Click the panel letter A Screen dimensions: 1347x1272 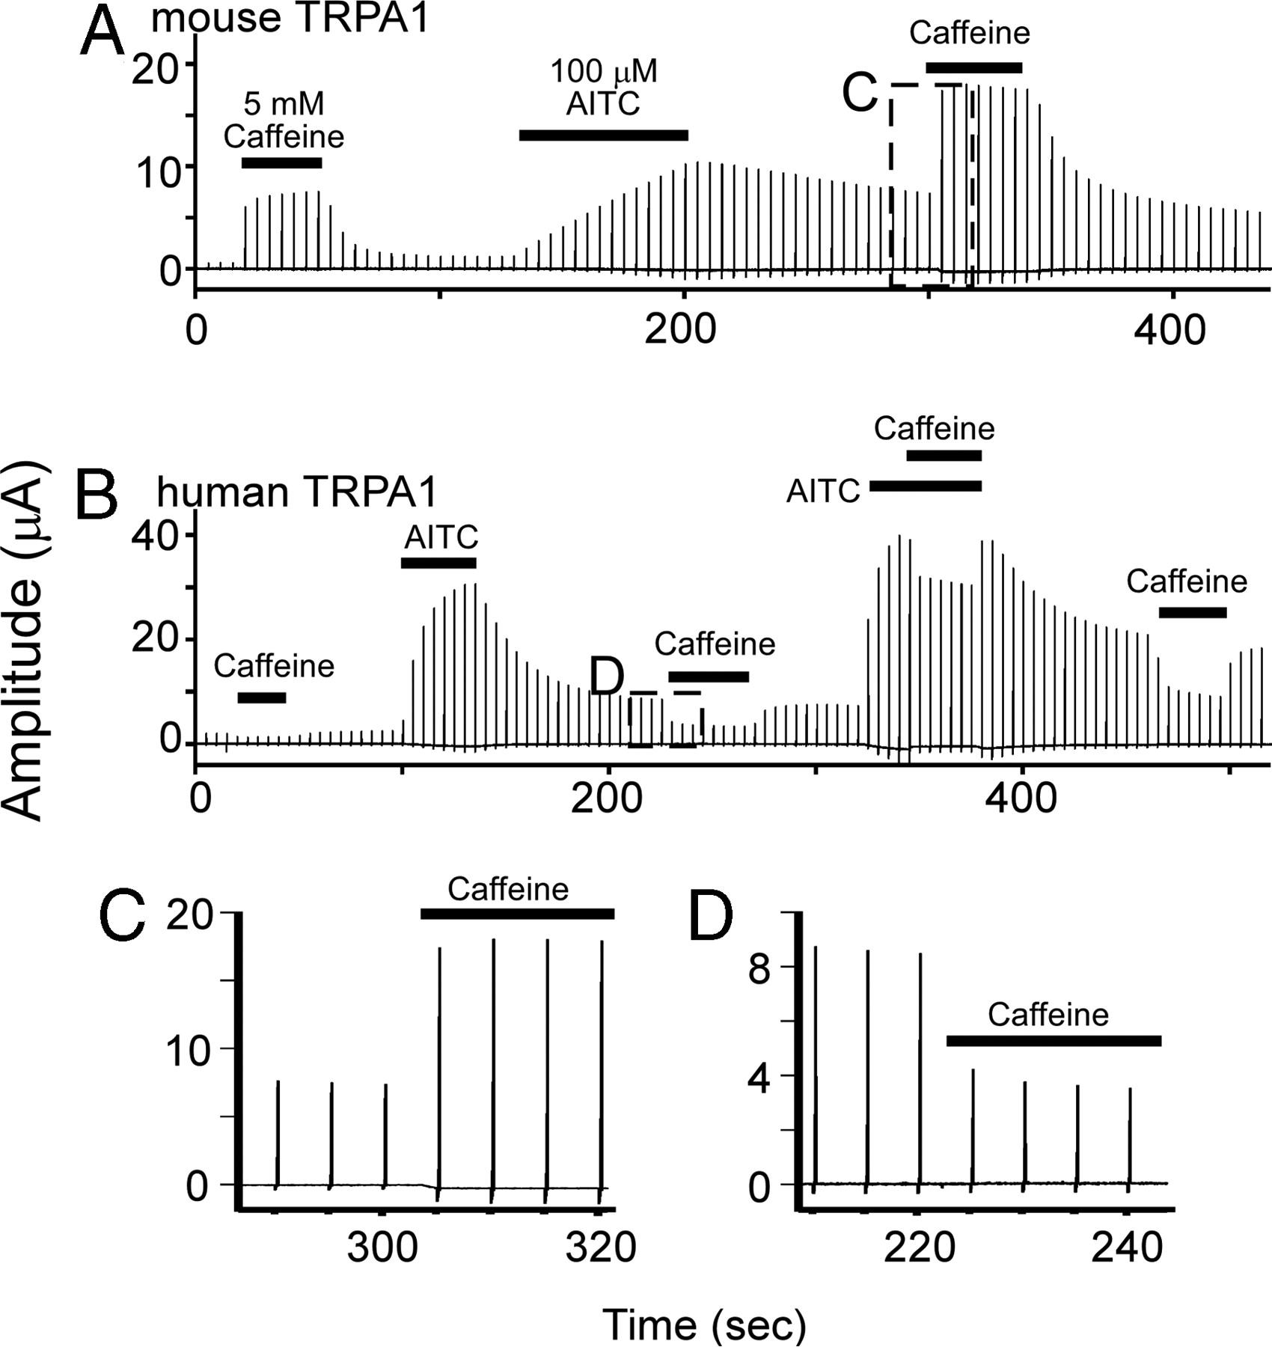coord(103,34)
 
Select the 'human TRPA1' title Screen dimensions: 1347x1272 coord(296,492)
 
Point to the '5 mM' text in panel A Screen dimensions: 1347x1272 coord(284,104)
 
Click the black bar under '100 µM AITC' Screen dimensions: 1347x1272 coord(603,135)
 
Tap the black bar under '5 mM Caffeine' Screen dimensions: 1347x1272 coord(281,163)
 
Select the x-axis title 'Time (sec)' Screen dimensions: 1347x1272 coord(704,1324)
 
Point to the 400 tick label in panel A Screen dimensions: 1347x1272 coord(1169,329)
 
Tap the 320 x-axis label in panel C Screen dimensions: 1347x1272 coord(601,1247)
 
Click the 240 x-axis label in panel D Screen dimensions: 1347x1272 coord(1127,1247)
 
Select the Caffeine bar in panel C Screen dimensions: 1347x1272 coord(517,914)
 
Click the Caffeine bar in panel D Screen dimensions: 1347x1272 coord(1054,1041)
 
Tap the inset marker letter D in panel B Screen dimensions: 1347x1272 coord(607,677)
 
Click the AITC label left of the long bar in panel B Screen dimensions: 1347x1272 coord(823,492)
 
